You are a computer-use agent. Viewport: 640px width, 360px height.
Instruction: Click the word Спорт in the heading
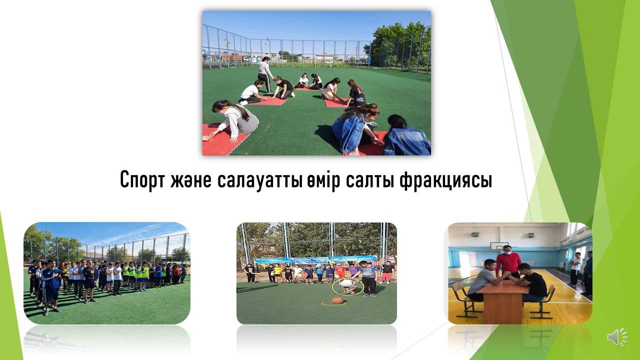142,179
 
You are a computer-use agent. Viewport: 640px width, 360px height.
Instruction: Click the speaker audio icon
617,337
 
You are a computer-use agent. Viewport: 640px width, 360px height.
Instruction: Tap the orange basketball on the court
337,300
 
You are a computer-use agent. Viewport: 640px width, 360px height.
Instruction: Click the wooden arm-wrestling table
502,301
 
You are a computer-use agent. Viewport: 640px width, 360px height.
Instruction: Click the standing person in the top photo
265,74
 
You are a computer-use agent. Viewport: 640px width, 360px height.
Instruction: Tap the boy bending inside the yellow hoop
347,285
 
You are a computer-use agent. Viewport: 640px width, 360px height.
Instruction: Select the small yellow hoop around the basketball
333,303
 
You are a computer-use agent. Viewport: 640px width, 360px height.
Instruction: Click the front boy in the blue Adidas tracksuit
50,285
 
